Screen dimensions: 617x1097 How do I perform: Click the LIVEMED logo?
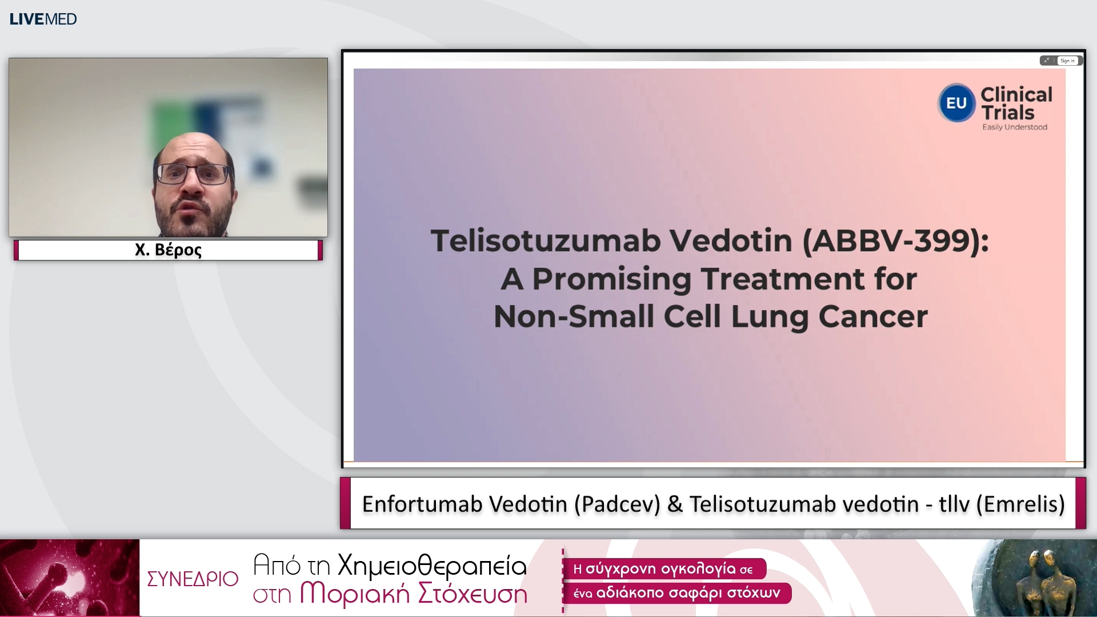(x=43, y=19)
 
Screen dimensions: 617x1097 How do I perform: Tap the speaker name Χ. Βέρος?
(x=168, y=250)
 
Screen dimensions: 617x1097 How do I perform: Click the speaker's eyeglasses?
(x=194, y=173)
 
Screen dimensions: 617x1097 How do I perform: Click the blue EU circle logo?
(x=956, y=103)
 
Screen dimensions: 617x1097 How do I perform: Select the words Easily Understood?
(x=1015, y=127)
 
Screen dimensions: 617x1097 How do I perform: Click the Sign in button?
(x=1067, y=61)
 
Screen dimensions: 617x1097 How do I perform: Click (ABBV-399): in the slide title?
(x=895, y=241)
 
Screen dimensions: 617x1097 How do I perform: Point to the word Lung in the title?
(x=770, y=316)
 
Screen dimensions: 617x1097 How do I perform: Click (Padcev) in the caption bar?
(x=617, y=504)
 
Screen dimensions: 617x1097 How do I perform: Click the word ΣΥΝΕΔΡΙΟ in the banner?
(x=193, y=579)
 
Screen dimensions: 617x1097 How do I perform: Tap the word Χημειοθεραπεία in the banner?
(x=432, y=565)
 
